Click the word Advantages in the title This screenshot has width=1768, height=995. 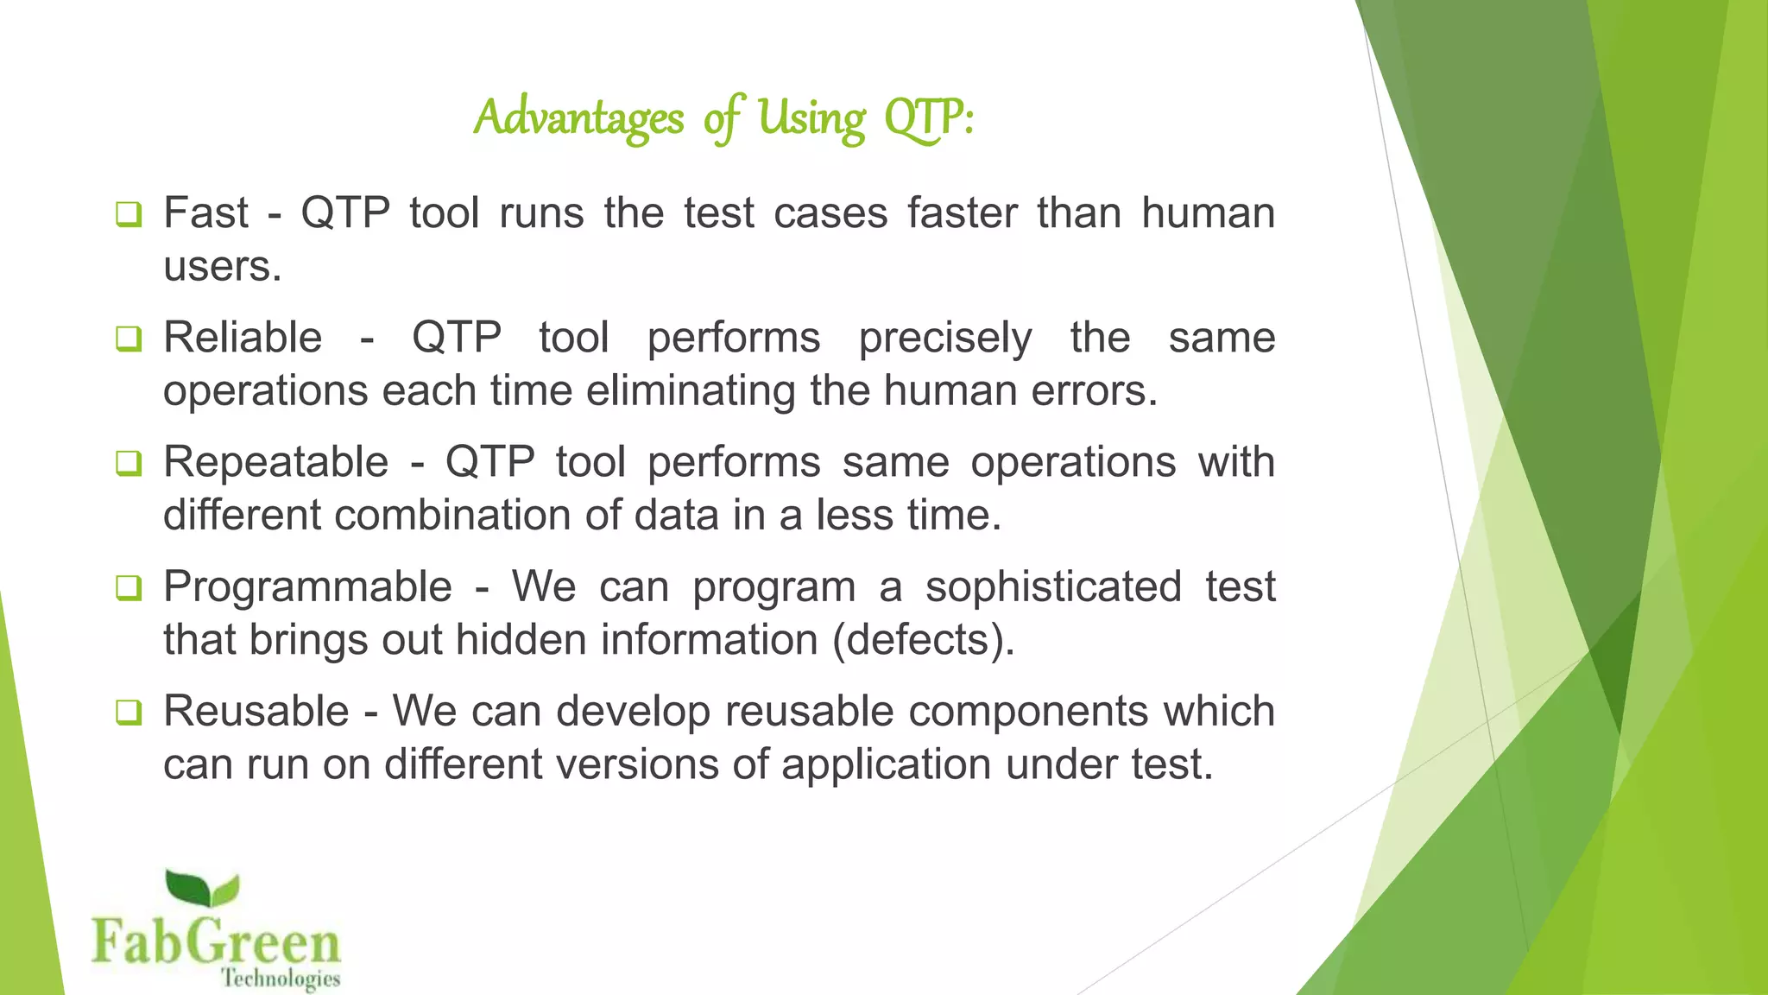tap(578, 117)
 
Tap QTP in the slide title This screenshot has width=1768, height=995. tap(925, 119)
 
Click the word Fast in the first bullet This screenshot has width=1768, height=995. tap(205, 212)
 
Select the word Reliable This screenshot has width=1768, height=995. tap(243, 337)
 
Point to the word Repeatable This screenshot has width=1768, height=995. tap(275, 462)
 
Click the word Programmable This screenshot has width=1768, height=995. tap(307, 587)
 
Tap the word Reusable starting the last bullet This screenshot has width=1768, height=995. tap(256, 712)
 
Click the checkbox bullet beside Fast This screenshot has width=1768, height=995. tap(128, 213)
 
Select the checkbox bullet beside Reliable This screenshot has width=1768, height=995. tap(128, 338)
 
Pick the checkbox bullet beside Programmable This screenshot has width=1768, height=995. tap(128, 588)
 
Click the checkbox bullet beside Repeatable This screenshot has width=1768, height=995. tap(128, 463)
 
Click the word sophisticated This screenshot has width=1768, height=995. tap(1053, 587)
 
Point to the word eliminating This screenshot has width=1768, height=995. tap(691, 391)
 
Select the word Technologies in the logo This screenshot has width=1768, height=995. tap(281, 979)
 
